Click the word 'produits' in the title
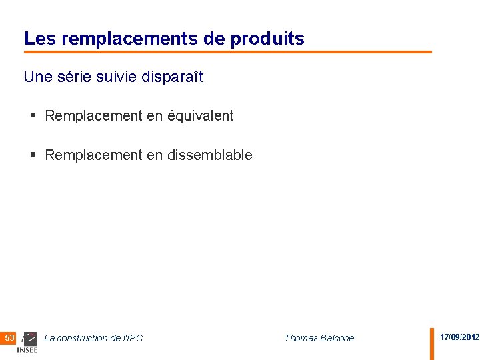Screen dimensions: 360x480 pyautogui.click(x=267, y=39)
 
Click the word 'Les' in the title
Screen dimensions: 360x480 pyautogui.click(x=37, y=39)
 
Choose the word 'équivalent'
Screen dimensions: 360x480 pyautogui.click(x=200, y=116)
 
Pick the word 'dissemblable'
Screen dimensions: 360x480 pyautogui.click(x=209, y=155)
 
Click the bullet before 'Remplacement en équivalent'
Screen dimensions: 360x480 pyautogui.click(x=33, y=116)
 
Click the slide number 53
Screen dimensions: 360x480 pyautogui.click(x=9, y=338)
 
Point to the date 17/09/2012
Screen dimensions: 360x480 pyautogui.click(x=459, y=337)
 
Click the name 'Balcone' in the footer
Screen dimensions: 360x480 pyautogui.click(x=337, y=338)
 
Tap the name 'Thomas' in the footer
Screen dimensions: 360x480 pyautogui.click(x=301, y=338)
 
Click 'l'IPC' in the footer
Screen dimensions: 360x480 pyautogui.click(x=132, y=338)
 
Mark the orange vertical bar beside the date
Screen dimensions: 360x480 pyautogui.click(x=431, y=343)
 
